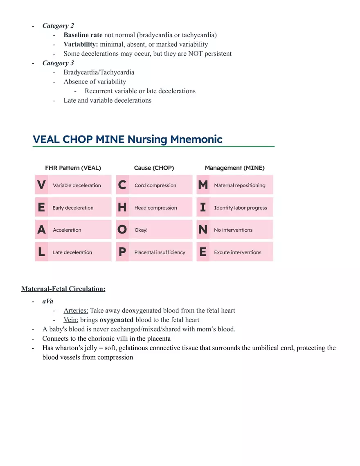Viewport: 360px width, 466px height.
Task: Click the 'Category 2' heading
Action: (58, 26)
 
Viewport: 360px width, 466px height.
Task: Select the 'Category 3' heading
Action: (58, 63)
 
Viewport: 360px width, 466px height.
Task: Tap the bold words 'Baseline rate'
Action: (83, 35)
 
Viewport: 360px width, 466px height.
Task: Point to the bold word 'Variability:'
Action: (81, 44)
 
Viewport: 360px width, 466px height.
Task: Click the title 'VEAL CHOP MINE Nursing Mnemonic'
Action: (127, 140)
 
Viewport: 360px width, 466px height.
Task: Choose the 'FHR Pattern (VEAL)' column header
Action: (73, 168)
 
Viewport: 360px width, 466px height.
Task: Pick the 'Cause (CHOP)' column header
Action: (154, 168)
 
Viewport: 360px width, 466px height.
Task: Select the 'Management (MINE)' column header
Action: (234, 168)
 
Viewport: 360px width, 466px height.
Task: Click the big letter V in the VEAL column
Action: (41, 185)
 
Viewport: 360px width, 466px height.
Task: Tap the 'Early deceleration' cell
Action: (73, 208)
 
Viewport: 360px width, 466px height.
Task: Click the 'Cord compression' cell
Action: (155, 185)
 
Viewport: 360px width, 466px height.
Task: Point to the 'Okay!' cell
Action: (141, 230)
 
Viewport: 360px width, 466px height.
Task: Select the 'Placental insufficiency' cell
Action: (160, 252)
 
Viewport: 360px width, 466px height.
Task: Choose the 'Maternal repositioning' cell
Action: (240, 185)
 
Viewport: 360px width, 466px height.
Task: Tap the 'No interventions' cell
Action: (233, 230)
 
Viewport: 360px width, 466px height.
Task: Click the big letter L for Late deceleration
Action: (41, 252)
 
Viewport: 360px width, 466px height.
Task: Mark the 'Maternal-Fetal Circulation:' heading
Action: (63, 289)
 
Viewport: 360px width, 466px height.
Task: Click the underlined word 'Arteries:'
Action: (76, 311)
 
